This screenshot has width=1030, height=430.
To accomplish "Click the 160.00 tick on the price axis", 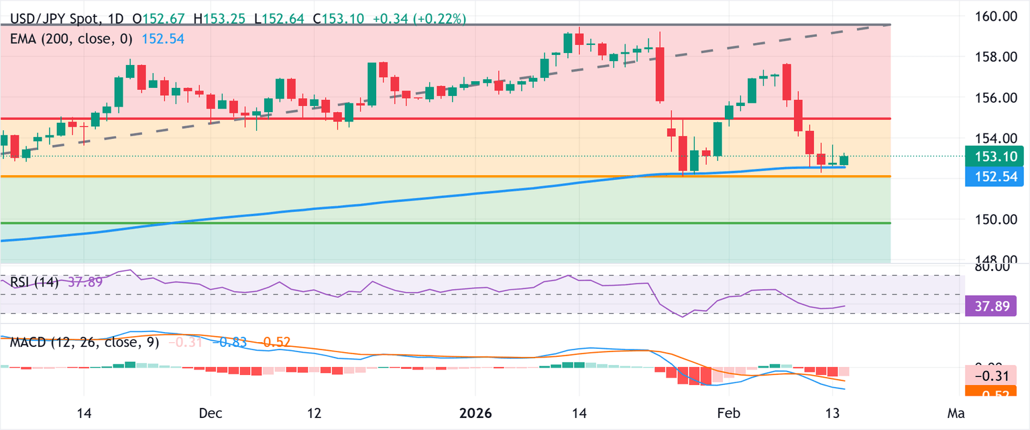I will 992,16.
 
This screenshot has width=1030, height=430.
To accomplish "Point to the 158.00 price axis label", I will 992,57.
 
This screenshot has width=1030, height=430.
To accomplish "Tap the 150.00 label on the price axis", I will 992,219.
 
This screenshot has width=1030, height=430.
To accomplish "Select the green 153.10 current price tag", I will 992,157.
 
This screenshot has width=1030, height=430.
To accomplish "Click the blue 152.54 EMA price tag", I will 992,177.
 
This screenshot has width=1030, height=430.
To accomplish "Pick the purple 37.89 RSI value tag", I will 992,307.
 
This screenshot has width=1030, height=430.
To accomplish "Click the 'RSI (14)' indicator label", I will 34,282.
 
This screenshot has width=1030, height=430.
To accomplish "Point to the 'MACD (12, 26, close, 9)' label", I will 84,343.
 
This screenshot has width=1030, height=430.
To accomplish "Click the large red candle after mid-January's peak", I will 660,74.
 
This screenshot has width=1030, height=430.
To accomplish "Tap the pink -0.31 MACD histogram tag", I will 992,376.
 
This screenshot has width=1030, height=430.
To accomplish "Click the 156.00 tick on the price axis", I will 992,98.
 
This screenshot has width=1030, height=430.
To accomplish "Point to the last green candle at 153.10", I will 844,160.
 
